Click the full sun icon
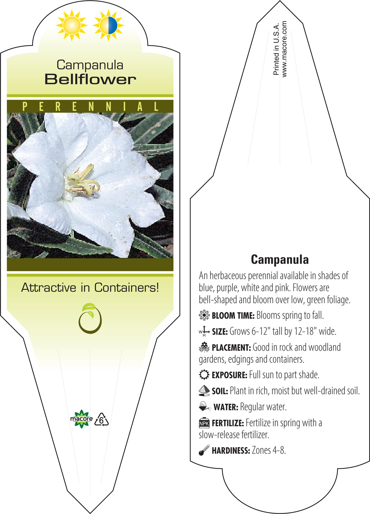coord(72,25)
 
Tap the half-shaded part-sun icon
coord(109,25)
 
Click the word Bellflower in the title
coord(90,80)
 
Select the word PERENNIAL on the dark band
coord(90,107)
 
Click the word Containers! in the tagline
coord(126,287)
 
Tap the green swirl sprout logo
coord(90,318)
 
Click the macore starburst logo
coord(81,419)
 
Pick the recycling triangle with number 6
coord(101,420)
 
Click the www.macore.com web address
coord(284,49)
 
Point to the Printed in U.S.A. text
coord(276,49)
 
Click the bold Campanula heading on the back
coord(280,260)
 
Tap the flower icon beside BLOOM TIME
coord(204,315)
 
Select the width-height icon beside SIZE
coord(204,331)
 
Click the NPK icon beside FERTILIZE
coord(204,423)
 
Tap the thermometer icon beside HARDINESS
coord(204,450)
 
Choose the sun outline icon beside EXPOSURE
coord(204,375)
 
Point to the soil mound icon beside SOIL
coord(204,390)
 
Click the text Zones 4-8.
coord(269,450)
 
